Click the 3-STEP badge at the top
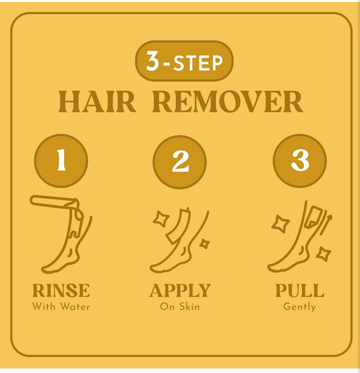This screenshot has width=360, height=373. click(184, 61)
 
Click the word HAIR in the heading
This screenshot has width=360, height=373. click(97, 102)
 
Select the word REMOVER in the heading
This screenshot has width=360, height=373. click(227, 102)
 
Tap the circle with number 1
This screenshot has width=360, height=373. click(61, 161)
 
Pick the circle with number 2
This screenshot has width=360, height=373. click(179, 162)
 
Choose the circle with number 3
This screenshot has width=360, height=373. click(300, 161)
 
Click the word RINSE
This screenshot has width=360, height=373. click(61, 290)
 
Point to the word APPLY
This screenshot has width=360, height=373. click(180, 290)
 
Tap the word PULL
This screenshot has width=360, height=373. click(300, 290)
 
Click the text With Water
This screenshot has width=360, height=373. click(61, 306)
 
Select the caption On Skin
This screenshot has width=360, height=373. click(180, 306)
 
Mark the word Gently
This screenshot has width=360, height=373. click(299, 307)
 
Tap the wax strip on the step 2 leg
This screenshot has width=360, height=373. click(178, 226)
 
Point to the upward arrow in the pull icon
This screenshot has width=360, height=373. click(326, 224)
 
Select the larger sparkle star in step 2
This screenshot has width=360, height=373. click(161, 219)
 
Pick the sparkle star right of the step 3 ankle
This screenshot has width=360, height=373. click(323, 254)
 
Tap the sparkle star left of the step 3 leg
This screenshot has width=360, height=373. click(281, 224)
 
